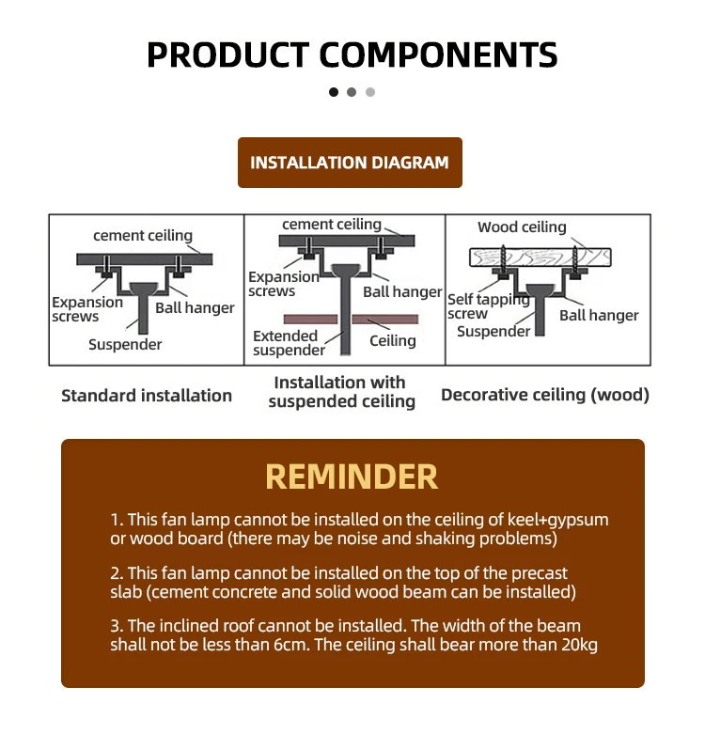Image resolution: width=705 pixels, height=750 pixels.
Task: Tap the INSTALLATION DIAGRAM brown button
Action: pos(350,163)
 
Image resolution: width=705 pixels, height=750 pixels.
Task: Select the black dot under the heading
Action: pos(334,92)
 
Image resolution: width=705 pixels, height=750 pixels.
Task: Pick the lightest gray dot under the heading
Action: pos(370,92)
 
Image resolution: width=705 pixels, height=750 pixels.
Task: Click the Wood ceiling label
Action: pos(522,227)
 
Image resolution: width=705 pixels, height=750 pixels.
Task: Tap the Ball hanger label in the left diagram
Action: pos(195,308)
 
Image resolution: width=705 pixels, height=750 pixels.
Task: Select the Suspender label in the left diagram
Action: pos(125,344)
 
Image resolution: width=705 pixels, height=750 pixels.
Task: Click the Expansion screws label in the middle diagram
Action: pos(283,284)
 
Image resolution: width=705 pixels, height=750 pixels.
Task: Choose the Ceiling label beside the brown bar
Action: pos(393,340)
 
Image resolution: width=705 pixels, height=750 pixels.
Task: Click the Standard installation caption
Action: pos(147,396)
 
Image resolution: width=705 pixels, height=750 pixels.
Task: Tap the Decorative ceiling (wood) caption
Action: pos(545,396)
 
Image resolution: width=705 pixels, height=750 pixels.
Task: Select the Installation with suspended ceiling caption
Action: pos(341,392)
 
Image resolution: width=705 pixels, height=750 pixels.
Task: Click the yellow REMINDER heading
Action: pos(352,477)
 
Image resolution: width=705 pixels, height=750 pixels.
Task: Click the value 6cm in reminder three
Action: pos(315,645)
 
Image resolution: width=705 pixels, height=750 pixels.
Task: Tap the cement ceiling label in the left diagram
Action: pos(143,236)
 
